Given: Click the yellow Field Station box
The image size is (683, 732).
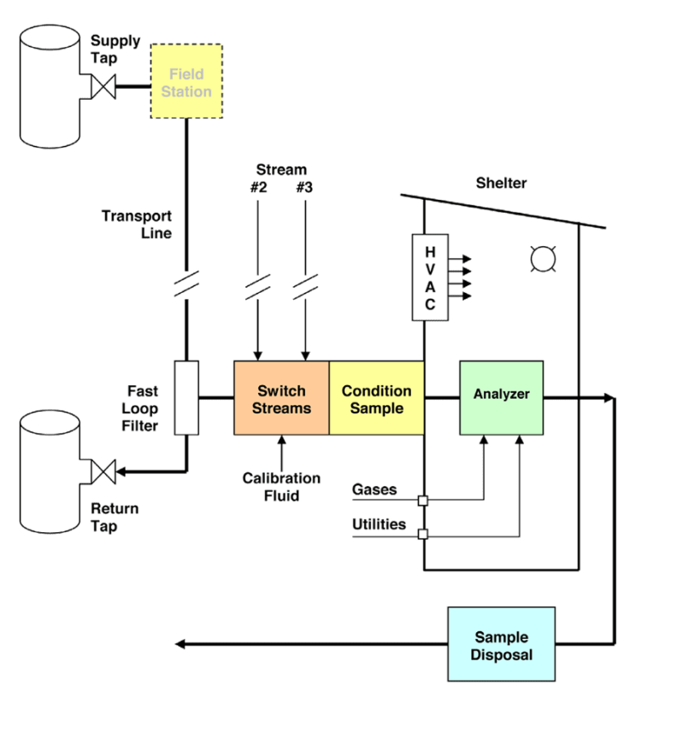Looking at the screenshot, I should tap(186, 81).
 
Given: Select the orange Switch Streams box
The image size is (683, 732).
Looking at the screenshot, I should tap(281, 398).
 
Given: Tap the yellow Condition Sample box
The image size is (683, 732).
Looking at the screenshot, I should tap(376, 398).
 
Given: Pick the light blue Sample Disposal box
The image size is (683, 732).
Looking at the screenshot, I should tap(501, 645).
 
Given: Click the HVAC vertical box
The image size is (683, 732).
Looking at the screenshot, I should tap(430, 277).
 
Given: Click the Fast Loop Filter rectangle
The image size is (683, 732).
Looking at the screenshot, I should tap(186, 397).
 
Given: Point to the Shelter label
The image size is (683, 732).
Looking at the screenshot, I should tap(501, 183).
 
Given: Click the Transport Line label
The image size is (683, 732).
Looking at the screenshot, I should tap(138, 224).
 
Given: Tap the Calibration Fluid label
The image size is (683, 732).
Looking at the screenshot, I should tap(281, 486).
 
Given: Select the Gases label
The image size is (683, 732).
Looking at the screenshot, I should tap(374, 489).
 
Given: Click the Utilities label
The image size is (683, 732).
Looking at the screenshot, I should tap(379, 524).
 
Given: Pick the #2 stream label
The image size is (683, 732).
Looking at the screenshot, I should tap(259, 187).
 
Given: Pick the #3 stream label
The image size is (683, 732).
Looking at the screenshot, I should tap(303, 187).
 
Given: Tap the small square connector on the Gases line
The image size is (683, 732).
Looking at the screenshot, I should tap(422, 500).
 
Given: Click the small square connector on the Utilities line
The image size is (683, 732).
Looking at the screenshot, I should tap(422, 535).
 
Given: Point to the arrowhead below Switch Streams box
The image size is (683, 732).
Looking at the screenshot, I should tap(281, 442).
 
